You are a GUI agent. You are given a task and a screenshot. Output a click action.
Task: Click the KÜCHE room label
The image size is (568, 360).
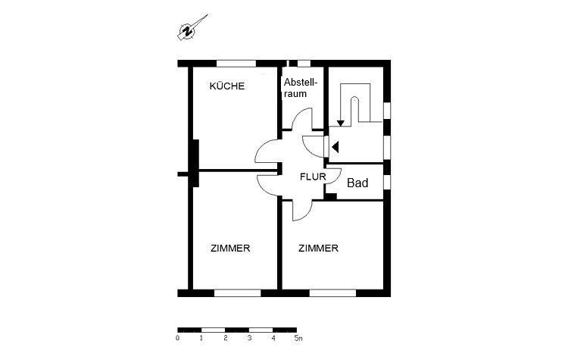[x=227, y=86]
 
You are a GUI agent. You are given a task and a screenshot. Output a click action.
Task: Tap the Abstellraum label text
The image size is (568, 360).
[x=301, y=88]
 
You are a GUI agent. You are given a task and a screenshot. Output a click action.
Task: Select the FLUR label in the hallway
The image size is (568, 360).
[x=313, y=177]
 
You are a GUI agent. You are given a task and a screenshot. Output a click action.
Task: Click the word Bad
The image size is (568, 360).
[x=357, y=183]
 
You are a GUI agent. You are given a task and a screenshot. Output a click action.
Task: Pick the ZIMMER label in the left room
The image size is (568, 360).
[x=230, y=249]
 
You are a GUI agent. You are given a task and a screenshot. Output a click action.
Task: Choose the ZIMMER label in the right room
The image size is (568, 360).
[x=318, y=249]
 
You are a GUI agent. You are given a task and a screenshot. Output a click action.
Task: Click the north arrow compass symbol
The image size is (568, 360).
[x=192, y=28]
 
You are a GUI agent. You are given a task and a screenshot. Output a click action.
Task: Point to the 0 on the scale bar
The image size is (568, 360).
[x=177, y=338]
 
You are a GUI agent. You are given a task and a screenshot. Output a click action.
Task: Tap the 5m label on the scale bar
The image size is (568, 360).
[x=298, y=338]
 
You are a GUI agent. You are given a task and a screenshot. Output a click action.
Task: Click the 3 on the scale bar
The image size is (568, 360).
[x=250, y=338]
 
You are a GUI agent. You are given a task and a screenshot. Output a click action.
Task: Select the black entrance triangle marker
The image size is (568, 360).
[x=335, y=147]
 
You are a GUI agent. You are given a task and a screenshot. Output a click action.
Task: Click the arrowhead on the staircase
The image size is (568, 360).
[x=341, y=124]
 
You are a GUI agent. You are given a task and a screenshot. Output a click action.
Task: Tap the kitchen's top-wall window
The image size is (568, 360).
[x=236, y=64]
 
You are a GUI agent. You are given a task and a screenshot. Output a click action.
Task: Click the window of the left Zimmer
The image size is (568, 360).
[x=237, y=293]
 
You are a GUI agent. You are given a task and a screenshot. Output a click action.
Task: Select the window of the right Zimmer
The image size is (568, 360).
[x=333, y=293]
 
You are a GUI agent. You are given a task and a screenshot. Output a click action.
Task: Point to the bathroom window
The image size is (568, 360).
[x=387, y=182]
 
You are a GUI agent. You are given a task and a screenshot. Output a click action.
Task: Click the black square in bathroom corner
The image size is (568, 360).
[x=330, y=196]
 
